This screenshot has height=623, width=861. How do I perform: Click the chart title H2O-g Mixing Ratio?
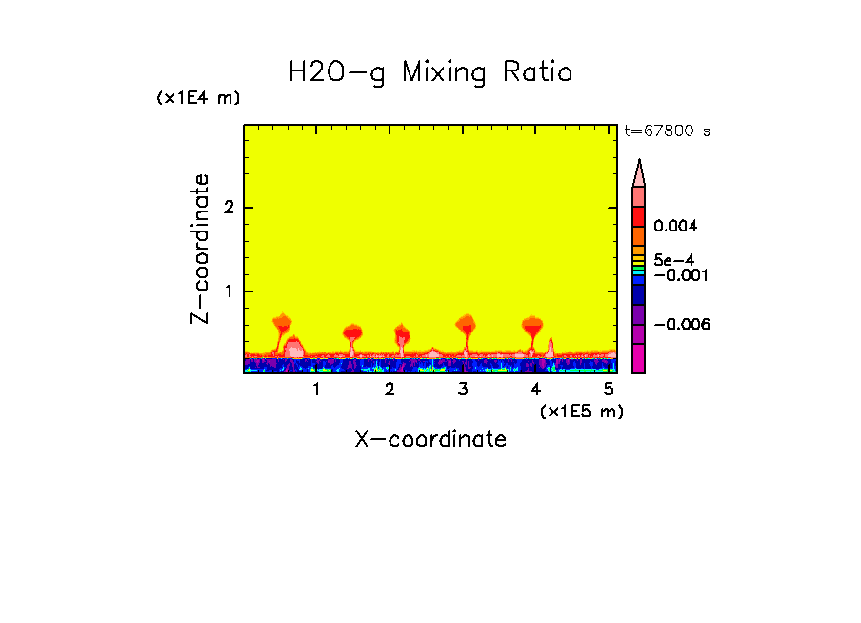click(x=430, y=72)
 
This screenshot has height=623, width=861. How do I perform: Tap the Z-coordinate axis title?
click(x=200, y=249)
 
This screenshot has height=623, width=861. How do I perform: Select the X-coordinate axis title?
click(x=430, y=439)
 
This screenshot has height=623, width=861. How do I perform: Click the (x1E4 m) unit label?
click(x=198, y=98)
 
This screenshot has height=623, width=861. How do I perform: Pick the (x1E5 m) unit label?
click(x=581, y=411)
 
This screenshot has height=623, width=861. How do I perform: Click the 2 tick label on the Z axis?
click(x=228, y=208)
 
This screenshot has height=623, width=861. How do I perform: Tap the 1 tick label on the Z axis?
click(x=228, y=291)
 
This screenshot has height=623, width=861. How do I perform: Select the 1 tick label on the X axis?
click(x=316, y=390)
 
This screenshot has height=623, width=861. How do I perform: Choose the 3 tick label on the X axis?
click(x=463, y=390)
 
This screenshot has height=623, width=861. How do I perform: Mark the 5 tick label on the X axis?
click(x=609, y=390)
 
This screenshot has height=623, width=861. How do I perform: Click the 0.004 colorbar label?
click(x=676, y=227)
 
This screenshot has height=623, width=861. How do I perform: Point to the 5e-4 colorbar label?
click(x=673, y=260)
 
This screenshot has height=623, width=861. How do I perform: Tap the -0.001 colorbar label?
click(x=680, y=275)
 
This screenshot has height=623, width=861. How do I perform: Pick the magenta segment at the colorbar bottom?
click(x=639, y=359)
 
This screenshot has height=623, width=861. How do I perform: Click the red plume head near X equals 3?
click(x=465, y=323)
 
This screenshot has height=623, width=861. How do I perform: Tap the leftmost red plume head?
click(x=281, y=322)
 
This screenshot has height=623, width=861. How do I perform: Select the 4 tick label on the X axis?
click(x=535, y=390)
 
